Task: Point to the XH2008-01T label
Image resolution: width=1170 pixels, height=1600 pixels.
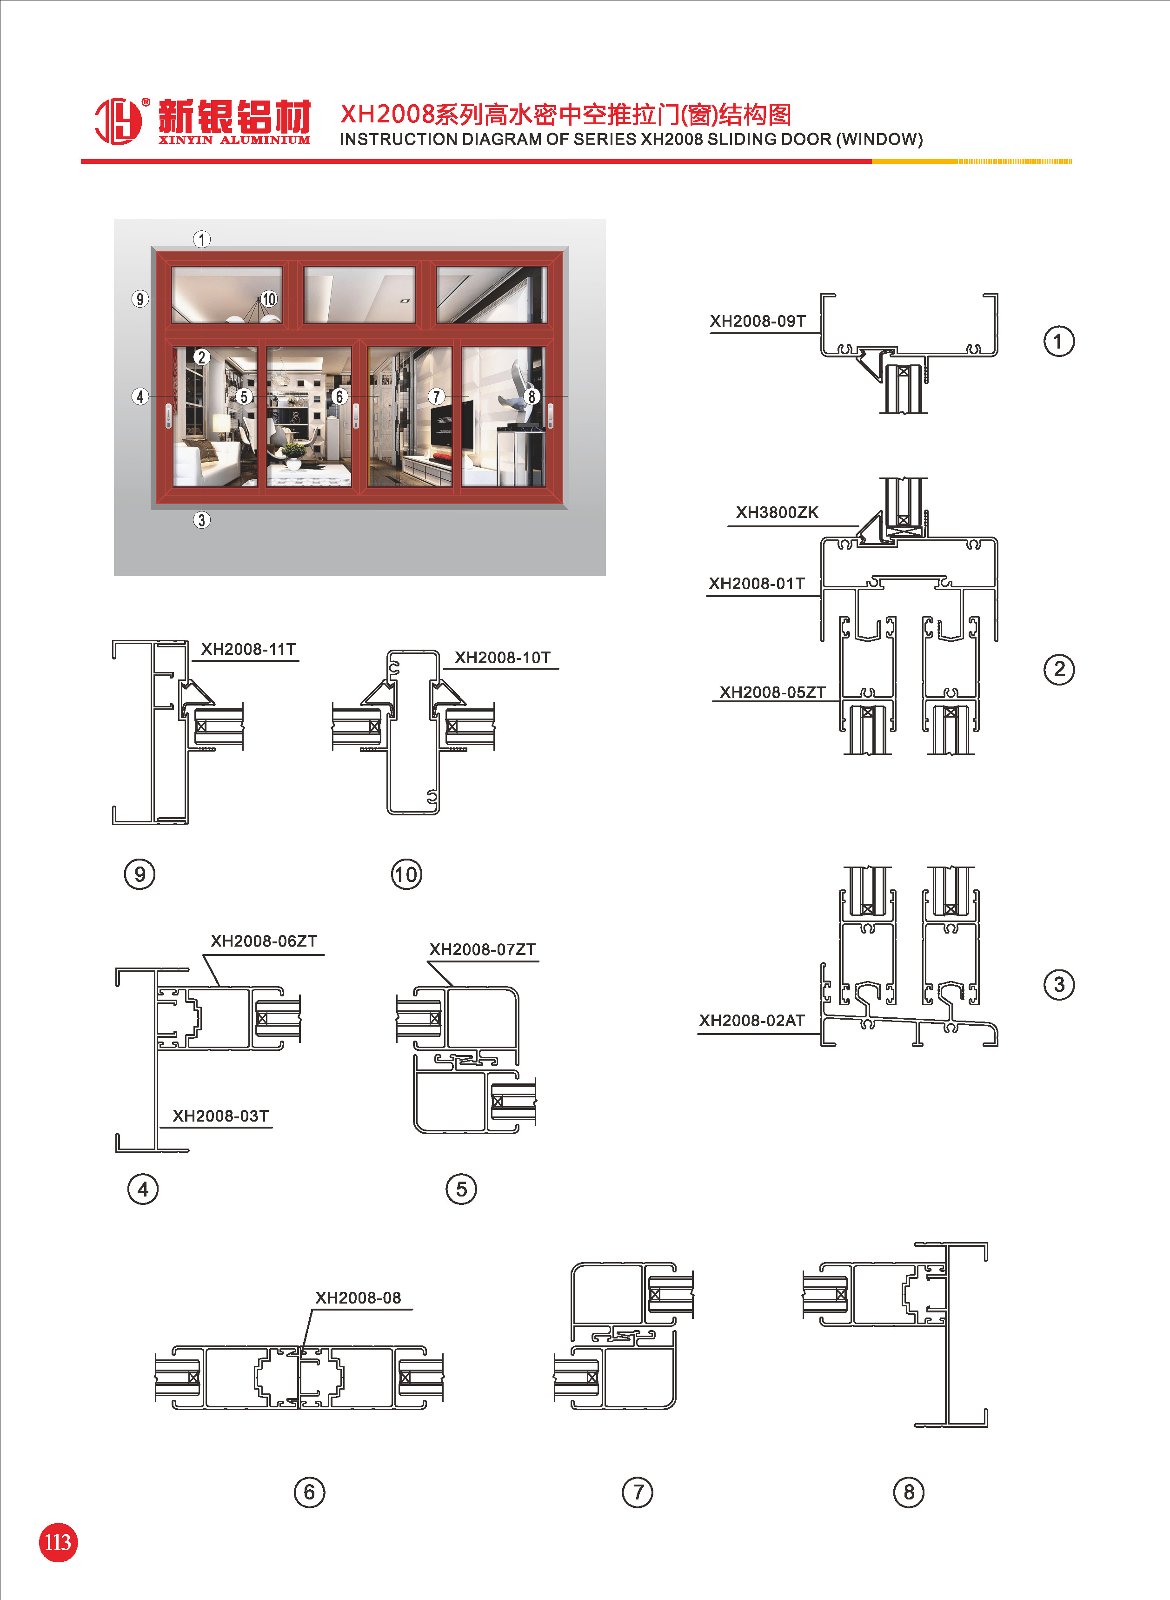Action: click(757, 584)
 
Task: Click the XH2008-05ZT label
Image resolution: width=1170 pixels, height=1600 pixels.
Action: click(772, 692)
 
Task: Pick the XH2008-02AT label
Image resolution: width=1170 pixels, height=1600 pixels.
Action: click(751, 1021)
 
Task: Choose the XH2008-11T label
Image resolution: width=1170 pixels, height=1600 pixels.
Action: click(248, 649)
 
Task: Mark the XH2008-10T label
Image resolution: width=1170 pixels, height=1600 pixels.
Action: click(502, 658)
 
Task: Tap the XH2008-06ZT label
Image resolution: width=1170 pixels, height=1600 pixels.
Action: click(264, 941)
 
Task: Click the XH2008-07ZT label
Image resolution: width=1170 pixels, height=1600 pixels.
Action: click(482, 949)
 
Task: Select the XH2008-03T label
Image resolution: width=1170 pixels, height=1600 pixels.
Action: click(220, 1116)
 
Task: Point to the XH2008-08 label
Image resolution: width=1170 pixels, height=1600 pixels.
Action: click(358, 1297)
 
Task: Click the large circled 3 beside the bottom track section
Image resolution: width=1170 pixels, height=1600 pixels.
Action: click(1059, 984)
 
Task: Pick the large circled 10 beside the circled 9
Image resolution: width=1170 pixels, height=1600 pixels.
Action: click(406, 874)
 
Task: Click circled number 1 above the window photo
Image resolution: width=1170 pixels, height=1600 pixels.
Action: click(202, 240)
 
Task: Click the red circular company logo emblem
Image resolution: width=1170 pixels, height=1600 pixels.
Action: click(118, 121)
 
